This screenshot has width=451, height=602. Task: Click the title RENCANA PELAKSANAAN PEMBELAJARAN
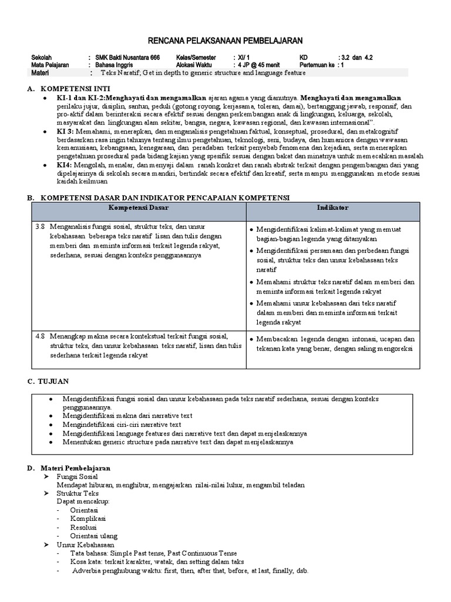click(225, 40)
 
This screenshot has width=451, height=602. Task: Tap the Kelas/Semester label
click(196, 58)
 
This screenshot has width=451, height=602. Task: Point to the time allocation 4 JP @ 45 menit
click(258, 65)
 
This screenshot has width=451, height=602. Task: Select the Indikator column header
click(332, 208)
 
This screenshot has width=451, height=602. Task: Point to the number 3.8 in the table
click(40, 227)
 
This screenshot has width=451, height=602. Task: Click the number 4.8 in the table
click(40, 336)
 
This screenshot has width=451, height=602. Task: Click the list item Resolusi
click(84, 527)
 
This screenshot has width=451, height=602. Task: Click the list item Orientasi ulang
click(94, 536)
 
